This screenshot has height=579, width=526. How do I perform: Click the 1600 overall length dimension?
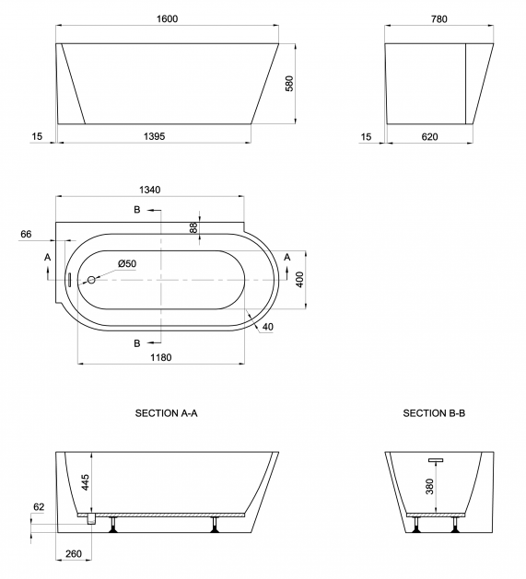tap(167, 18)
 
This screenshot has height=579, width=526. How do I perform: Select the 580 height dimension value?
tap(289, 84)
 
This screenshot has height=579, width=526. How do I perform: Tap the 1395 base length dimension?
tap(154, 136)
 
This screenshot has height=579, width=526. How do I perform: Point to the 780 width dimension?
tap(439, 18)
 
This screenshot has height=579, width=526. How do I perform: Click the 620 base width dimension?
tap(429, 136)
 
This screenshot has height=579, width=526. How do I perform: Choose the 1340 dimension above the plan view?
tap(150, 190)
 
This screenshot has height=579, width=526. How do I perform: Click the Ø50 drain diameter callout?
tap(127, 263)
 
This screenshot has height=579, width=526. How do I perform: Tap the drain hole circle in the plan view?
tap(91, 280)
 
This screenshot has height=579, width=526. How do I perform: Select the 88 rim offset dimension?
tap(193, 227)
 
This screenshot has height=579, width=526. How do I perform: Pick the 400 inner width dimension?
tap(299, 280)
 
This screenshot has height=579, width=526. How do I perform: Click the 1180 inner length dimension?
tap(161, 357)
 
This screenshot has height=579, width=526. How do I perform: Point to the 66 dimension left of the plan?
tap(26, 234)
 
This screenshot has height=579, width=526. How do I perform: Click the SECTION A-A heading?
tap(167, 412)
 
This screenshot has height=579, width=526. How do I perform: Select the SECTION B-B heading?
tap(434, 412)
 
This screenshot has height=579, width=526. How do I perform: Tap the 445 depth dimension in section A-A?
tap(86, 482)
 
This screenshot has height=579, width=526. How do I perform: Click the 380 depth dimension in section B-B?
tap(429, 486)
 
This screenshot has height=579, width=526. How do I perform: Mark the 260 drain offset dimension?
tap(74, 554)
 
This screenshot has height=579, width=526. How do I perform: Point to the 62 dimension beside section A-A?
tap(39, 507)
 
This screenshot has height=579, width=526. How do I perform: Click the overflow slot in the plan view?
tap(69, 280)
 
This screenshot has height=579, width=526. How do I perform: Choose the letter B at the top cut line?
tap(137, 210)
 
